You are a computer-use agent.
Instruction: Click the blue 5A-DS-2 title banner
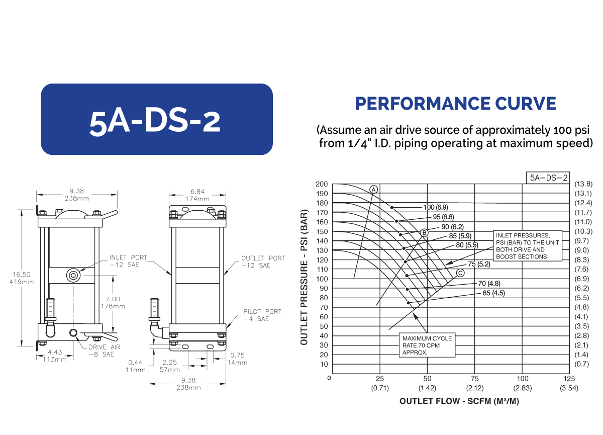[x=157, y=119]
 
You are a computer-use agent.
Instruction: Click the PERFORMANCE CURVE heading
[x=455, y=104]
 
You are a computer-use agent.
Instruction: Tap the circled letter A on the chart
[x=373, y=190]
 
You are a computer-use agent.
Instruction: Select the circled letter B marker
[x=424, y=233]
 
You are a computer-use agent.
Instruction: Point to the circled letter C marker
[x=460, y=273]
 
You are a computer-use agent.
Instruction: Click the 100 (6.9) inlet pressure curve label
[x=436, y=207]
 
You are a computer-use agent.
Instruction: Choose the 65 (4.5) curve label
[x=493, y=293]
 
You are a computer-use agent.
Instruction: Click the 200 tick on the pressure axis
[x=322, y=184]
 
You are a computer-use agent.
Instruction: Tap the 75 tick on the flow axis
[x=474, y=379]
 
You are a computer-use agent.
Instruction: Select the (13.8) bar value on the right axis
[x=583, y=184]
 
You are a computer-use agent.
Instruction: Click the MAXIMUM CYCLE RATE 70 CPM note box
[x=427, y=345]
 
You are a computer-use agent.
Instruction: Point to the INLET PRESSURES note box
[x=527, y=245]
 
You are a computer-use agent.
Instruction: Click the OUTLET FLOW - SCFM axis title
[x=459, y=401]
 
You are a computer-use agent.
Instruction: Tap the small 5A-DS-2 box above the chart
[x=548, y=178]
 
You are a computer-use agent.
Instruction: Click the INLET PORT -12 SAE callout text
[x=128, y=261]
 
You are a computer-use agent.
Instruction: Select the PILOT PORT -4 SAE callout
[x=262, y=315]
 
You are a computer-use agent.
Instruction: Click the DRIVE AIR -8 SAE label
[x=105, y=351]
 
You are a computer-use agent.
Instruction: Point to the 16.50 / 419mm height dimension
[x=22, y=278]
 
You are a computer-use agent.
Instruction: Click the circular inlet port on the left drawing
[x=73, y=276]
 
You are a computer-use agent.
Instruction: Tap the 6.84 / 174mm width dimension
[x=197, y=195]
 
